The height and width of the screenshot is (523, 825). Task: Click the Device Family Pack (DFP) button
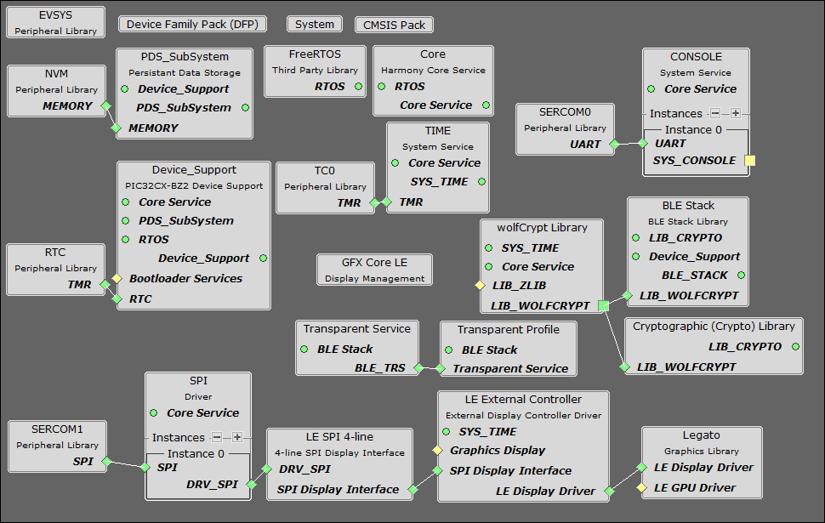point(191,25)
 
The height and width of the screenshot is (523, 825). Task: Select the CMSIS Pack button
point(394,25)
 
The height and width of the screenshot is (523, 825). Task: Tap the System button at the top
point(315,25)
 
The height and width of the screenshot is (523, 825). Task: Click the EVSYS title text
point(56,16)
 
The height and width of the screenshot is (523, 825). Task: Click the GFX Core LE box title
point(374,263)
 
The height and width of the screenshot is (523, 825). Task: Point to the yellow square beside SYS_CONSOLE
point(749,160)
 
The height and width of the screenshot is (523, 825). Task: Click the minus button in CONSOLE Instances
point(715,113)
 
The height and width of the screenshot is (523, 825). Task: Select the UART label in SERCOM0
point(585,145)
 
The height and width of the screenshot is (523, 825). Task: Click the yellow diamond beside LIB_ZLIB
point(480,286)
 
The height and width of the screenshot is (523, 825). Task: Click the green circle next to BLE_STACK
point(742,275)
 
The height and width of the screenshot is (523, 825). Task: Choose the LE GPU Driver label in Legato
point(694,487)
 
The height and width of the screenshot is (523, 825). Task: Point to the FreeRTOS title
point(315,54)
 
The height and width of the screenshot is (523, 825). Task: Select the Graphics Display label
point(498,450)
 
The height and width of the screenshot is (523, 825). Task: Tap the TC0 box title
point(325,170)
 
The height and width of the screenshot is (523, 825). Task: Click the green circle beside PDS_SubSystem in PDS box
point(245,107)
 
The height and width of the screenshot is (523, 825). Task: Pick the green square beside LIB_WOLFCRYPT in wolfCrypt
point(604,304)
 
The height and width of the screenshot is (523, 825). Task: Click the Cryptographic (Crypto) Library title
point(714,326)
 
